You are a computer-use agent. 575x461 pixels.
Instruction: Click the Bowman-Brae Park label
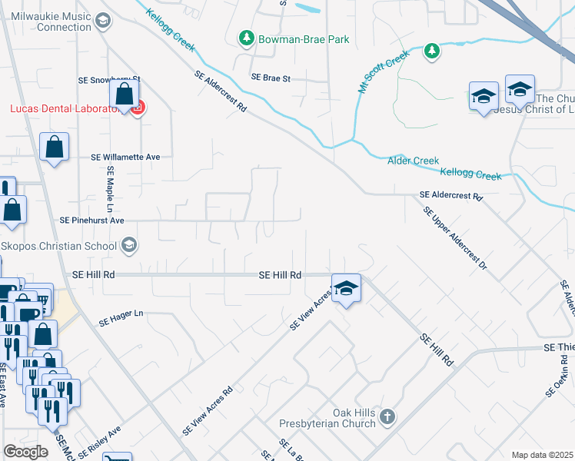[304, 39]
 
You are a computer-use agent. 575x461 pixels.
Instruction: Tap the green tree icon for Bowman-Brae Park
[246, 38]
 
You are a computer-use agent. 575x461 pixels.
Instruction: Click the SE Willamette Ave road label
[125, 157]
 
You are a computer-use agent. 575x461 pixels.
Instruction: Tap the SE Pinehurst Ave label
[92, 220]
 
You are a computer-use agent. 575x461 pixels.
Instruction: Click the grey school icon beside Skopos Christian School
[129, 246]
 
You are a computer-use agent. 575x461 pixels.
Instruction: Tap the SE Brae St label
[271, 78]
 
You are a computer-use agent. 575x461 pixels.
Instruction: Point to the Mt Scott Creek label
[379, 74]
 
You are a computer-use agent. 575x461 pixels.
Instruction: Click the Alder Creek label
[414, 161]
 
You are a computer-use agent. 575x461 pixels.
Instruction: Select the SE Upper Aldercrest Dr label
[455, 242]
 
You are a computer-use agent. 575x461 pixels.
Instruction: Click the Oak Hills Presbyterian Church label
[354, 419]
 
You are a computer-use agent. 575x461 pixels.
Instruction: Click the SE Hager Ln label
[122, 314]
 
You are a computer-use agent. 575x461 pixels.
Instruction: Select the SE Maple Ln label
[111, 190]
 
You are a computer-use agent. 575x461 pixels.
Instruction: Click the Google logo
[25, 452]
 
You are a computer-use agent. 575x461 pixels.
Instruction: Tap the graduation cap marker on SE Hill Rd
[347, 289]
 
